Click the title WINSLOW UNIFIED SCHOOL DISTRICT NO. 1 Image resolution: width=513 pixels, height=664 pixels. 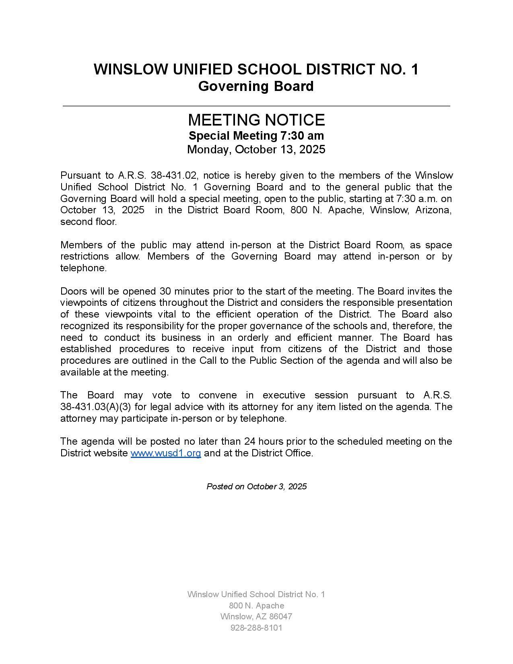point(256,69)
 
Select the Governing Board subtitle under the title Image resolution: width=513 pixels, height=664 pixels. point(256,86)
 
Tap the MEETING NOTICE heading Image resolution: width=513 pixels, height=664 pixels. point(256,120)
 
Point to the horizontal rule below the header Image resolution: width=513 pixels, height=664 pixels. point(256,106)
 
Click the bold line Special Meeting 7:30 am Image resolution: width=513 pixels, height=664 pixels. point(256,136)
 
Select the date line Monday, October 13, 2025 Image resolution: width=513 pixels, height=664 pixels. point(256,150)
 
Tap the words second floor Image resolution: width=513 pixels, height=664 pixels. point(89,222)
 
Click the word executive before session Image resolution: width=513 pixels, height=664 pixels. point(284,395)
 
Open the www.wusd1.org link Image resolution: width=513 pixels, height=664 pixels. point(166,453)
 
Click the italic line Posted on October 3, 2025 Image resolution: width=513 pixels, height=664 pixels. point(257,487)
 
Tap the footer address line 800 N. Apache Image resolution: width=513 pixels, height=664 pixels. point(256,606)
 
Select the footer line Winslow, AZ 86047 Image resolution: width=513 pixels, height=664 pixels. point(256,617)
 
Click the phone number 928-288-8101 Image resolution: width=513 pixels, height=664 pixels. point(256,628)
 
